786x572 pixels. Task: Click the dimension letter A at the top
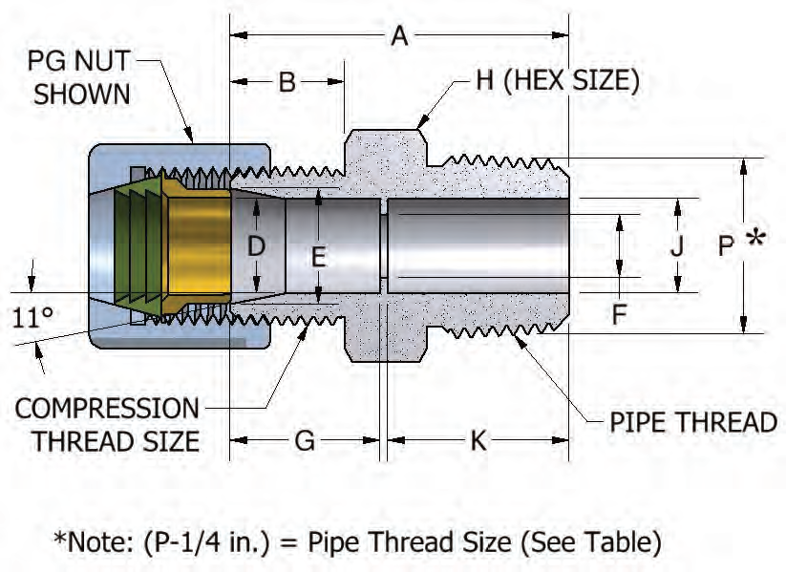pyautogui.click(x=399, y=36)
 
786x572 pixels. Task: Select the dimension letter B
pyautogui.click(x=287, y=82)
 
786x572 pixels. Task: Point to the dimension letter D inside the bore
pyautogui.click(x=257, y=246)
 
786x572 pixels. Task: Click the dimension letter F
pyautogui.click(x=619, y=314)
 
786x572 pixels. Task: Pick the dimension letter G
pyautogui.click(x=305, y=442)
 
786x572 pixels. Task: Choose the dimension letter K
pyautogui.click(x=478, y=442)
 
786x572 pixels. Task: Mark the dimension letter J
pyautogui.click(x=677, y=245)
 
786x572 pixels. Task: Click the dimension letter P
pyautogui.click(x=727, y=245)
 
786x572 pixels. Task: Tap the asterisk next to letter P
pyautogui.click(x=755, y=239)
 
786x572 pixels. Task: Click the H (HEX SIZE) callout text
pyautogui.click(x=558, y=80)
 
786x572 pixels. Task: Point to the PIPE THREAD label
pyautogui.click(x=693, y=421)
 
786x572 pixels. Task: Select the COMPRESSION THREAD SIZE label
pyautogui.click(x=107, y=425)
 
